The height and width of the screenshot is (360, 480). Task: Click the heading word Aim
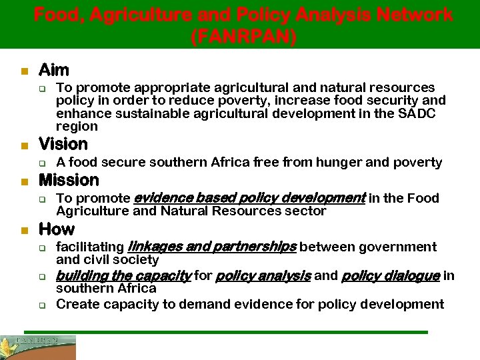[53, 69]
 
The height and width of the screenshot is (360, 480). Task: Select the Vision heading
[63, 144]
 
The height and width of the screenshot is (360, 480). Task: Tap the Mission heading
[69, 180]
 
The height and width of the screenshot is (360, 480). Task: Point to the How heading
[57, 229]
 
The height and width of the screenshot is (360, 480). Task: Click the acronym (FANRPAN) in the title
[243, 36]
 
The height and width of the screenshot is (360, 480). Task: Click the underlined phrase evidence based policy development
[250, 198]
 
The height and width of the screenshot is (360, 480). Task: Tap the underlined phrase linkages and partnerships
[211, 247]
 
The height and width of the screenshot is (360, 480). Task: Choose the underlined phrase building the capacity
[124, 275]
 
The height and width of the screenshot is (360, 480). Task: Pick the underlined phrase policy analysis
[263, 275]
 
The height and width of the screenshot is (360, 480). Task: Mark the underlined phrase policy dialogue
[390, 275]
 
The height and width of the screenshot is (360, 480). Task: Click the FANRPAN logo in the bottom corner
[38, 347]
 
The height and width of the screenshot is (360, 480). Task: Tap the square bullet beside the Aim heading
[23, 71]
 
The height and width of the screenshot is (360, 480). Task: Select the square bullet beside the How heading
[23, 231]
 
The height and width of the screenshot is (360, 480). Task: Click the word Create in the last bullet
[77, 305]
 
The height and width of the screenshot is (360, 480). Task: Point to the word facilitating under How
[90, 247]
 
